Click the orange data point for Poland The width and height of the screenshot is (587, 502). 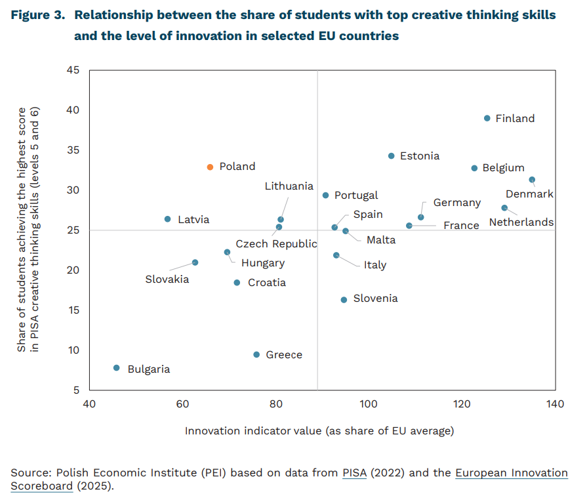click(210, 167)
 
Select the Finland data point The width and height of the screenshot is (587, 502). click(487, 118)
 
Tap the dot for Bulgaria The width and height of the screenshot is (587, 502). click(117, 368)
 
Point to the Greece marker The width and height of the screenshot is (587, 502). click(256, 354)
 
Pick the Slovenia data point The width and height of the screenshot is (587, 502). click(344, 300)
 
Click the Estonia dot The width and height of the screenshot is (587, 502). click(392, 156)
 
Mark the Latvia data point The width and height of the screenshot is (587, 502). click(167, 219)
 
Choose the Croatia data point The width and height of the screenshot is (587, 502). click(237, 283)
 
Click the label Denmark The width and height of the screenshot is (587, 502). click(529, 194)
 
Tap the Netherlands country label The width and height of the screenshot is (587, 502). click(521, 222)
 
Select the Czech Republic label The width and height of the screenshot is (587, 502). click(276, 243)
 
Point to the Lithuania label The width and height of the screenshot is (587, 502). click(289, 186)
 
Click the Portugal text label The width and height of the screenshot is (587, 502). click(356, 196)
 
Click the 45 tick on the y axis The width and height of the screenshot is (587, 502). click(73, 70)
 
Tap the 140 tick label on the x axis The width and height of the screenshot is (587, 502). click(554, 404)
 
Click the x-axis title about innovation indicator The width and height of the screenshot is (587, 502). click(319, 431)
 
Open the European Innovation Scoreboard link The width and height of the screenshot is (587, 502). click(512, 472)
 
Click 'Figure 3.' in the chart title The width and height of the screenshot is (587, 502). click(37, 15)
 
